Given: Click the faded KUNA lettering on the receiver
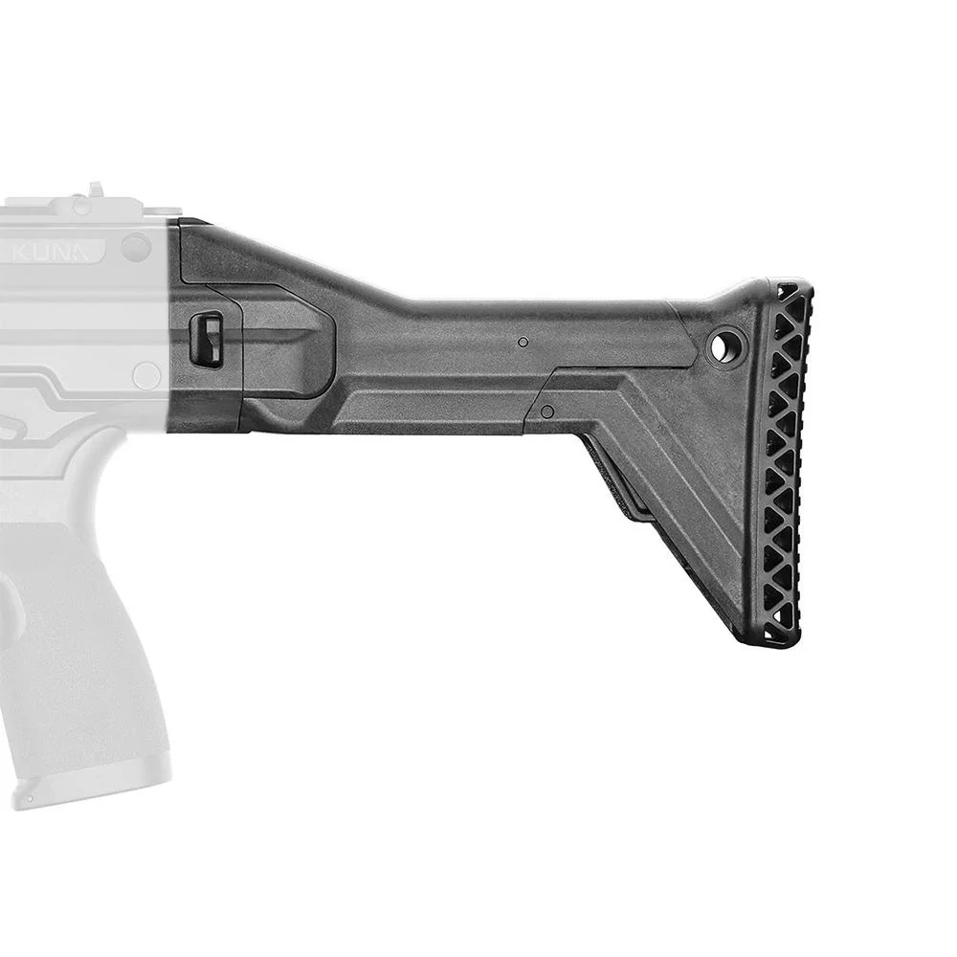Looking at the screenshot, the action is click(x=59, y=252).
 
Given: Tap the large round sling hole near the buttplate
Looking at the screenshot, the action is click(x=725, y=345).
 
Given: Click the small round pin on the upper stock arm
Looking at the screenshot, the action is click(x=523, y=342).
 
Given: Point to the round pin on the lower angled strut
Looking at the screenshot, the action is click(x=547, y=411).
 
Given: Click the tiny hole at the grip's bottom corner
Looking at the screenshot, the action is click(x=30, y=797).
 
